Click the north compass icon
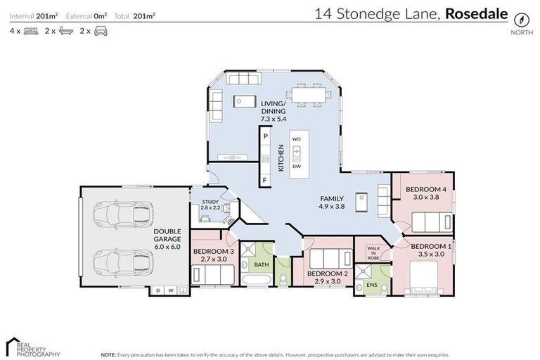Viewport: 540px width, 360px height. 521,18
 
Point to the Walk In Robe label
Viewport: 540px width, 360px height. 373,254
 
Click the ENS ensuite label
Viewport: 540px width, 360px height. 371,285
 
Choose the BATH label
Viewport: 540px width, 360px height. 262,265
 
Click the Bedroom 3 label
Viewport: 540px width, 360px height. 213,252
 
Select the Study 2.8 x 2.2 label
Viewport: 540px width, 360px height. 210,205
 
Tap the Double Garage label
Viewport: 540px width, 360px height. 167,238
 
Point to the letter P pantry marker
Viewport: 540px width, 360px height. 266,135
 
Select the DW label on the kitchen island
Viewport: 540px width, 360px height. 297,167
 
